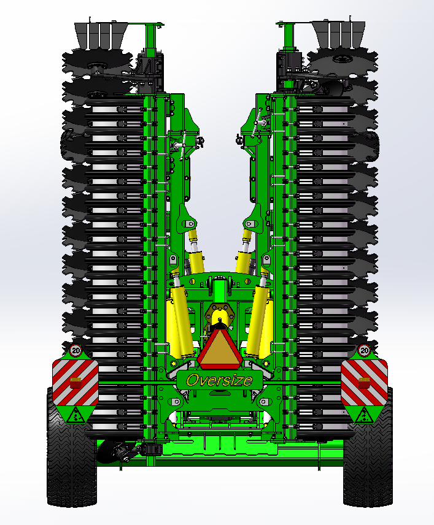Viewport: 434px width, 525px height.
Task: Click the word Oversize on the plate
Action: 219,380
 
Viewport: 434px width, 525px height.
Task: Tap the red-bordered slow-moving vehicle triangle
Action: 220,348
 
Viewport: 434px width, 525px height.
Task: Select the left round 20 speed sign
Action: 76,351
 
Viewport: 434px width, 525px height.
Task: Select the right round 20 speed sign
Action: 364,351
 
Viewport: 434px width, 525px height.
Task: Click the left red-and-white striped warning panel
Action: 76,382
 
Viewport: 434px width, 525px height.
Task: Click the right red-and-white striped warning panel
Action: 364,382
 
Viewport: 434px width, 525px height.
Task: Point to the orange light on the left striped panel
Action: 76,383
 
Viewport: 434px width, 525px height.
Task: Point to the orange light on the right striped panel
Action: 364,383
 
